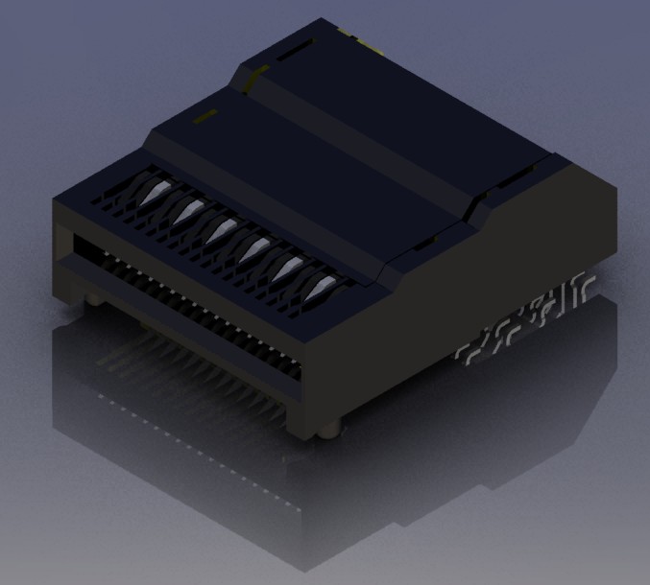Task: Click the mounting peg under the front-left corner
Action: (92, 300)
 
